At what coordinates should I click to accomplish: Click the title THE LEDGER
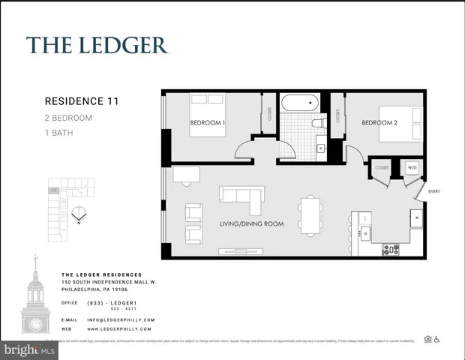click(x=97, y=44)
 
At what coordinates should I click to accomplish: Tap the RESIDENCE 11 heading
click(x=82, y=100)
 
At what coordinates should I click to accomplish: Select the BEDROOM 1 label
click(x=208, y=123)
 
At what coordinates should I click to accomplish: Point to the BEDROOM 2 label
click(x=379, y=123)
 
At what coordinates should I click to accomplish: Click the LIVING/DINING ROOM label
click(x=251, y=223)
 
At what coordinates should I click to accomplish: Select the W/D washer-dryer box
click(x=412, y=168)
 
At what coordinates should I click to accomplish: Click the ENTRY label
click(x=433, y=192)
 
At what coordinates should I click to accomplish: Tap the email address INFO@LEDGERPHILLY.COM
click(x=120, y=319)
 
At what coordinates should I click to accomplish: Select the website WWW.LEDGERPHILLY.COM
click(x=120, y=328)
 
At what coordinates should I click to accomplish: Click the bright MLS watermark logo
click(x=28, y=349)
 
